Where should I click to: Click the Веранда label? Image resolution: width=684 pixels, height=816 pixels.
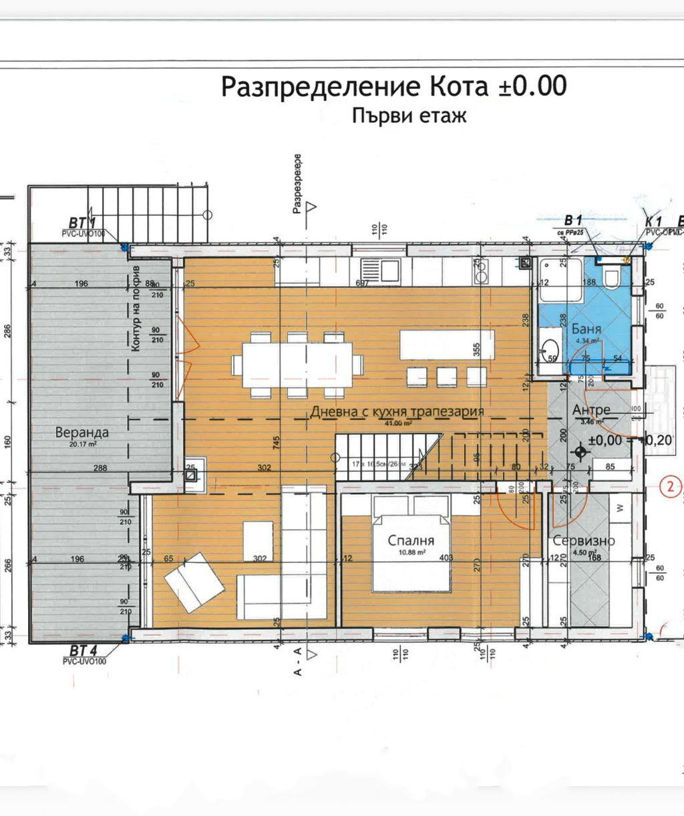[82, 432]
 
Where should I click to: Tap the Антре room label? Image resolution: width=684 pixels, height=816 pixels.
[591, 411]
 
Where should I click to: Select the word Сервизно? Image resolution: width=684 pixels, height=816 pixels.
[584, 541]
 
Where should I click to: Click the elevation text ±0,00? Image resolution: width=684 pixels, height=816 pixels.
[605, 441]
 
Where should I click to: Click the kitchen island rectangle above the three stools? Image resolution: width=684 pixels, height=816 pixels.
[447, 345]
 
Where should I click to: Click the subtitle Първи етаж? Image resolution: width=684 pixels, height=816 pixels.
[408, 116]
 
